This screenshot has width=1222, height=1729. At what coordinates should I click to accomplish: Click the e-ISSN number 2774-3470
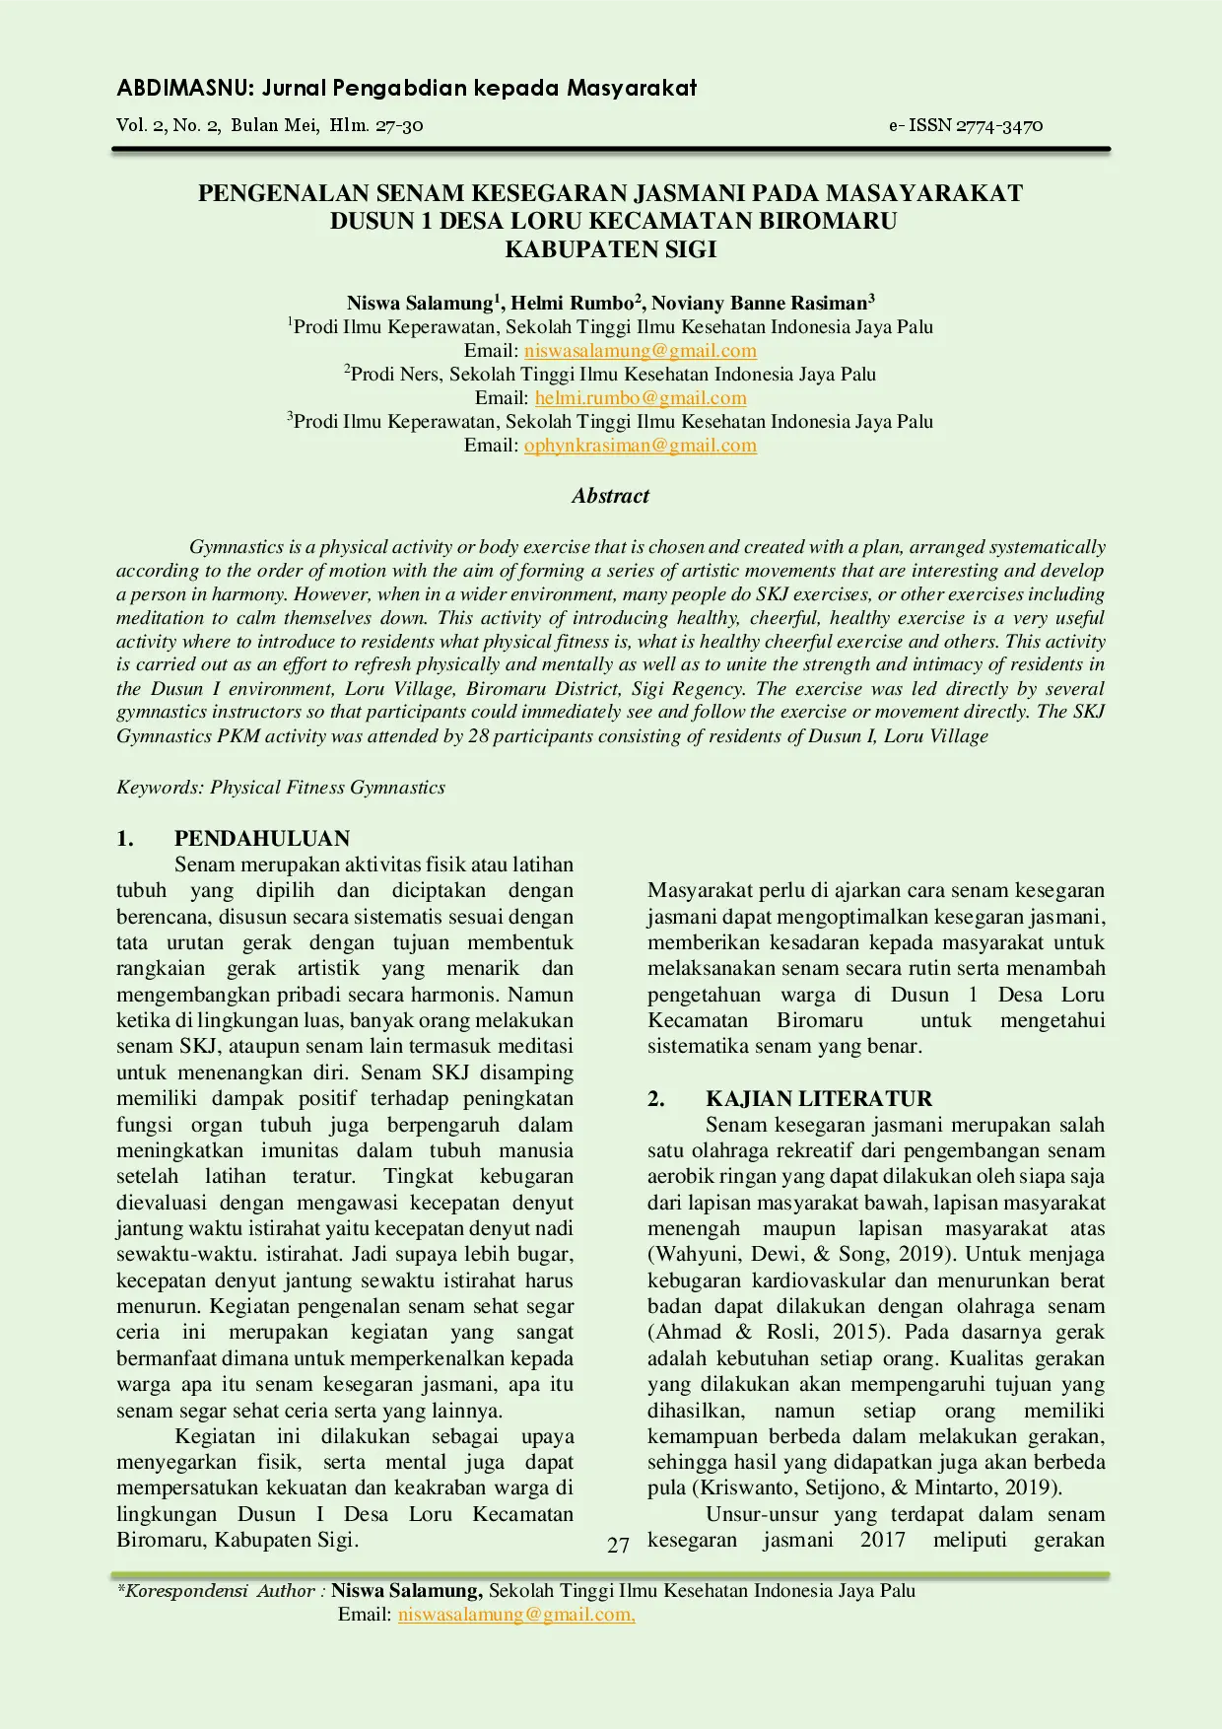[x=999, y=125]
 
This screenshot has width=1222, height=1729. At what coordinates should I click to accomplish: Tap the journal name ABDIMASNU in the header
[x=185, y=89]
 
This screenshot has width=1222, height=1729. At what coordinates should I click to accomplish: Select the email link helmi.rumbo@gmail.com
[x=641, y=398]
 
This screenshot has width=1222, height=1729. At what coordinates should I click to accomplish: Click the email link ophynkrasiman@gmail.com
[x=641, y=446]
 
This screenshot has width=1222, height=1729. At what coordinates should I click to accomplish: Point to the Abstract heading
[x=610, y=496]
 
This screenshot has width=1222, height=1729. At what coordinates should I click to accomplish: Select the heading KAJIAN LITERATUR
[x=818, y=1099]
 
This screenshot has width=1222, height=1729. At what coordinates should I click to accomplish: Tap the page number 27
[x=618, y=1545]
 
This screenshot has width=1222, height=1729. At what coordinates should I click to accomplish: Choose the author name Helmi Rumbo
[x=573, y=303]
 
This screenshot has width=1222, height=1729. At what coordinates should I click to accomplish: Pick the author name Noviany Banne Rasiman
[x=759, y=303]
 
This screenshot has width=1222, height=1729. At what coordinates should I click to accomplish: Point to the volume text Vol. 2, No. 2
[x=169, y=125]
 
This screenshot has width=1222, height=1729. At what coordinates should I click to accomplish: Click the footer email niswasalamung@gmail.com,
[x=516, y=1615]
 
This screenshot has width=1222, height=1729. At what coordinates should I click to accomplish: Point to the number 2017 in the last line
[x=882, y=1540]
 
